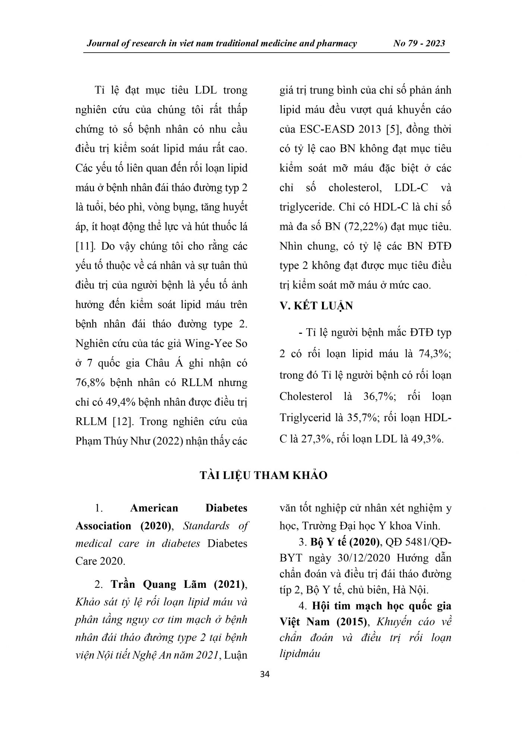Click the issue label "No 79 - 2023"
click(419, 43)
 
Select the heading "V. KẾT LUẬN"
click(316, 306)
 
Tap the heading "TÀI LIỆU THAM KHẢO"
click(263, 475)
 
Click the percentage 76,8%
click(91, 383)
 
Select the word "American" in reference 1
click(154, 508)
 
